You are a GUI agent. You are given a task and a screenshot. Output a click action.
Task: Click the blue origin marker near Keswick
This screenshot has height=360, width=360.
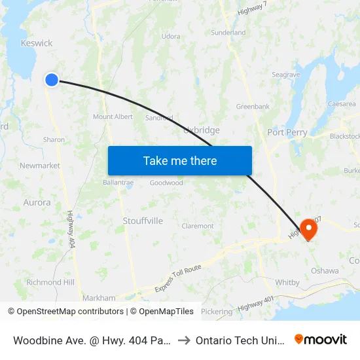coord(52,80)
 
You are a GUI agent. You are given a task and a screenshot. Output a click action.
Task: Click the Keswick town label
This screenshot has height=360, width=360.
coord(37,43)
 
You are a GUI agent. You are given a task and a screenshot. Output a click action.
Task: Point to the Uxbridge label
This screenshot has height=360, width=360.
coord(202,130)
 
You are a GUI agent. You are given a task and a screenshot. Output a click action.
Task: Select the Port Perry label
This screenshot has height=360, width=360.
coord(287,132)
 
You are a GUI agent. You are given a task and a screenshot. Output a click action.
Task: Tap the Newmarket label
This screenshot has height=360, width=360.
coord(40,166)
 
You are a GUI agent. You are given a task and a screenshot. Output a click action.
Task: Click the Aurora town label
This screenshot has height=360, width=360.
coord(37,202)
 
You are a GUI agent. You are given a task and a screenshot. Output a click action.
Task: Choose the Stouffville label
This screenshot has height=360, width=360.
coord(143,221)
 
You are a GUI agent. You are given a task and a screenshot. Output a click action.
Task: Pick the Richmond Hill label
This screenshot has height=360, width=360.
coord(50,282)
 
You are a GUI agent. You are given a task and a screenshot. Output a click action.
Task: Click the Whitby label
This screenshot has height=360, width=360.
coord(287,283)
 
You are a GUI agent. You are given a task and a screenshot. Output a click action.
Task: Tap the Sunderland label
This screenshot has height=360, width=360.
coord(228,32)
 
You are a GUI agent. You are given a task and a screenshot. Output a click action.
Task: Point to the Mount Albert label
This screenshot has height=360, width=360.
coord(113,117)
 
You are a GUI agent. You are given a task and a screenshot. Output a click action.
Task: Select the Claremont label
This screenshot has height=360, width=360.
coord(198,226)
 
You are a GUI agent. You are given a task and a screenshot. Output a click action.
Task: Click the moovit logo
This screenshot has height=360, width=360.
coord(321,339)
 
